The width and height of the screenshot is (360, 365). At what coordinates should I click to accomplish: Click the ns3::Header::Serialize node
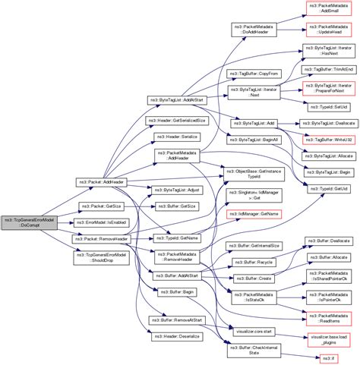point(178,137)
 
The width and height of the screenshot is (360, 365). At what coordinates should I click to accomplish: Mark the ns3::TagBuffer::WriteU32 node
point(328,140)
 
